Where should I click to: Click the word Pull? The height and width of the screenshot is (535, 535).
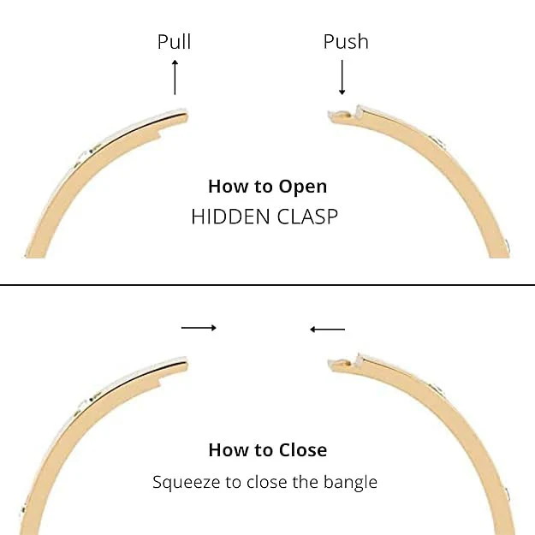click(x=174, y=42)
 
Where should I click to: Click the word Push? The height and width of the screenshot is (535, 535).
click(x=346, y=42)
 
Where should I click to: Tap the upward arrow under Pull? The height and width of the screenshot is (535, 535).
click(x=175, y=77)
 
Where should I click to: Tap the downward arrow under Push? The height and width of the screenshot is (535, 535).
click(x=342, y=77)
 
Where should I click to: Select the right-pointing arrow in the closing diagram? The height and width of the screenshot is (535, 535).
click(x=199, y=328)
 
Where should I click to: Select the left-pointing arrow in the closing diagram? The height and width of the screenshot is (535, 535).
click(x=327, y=330)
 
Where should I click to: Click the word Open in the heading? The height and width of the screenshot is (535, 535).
click(x=303, y=187)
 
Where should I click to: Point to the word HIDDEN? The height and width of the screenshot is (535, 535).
click(x=230, y=217)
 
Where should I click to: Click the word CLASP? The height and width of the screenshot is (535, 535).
click(x=307, y=217)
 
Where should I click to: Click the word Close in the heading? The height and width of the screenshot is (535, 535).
click(x=303, y=449)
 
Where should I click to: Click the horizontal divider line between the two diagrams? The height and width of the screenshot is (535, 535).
click(x=267, y=284)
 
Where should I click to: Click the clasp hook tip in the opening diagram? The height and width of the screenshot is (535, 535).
click(x=330, y=114)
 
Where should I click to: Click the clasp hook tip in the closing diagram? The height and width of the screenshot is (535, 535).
click(x=330, y=362)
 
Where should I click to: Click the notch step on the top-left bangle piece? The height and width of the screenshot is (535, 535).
click(x=159, y=134)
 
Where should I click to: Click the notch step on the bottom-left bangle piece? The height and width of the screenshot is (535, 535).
click(x=159, y=383)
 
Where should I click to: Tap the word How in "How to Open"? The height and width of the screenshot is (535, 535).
click(x=223, y=187)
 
